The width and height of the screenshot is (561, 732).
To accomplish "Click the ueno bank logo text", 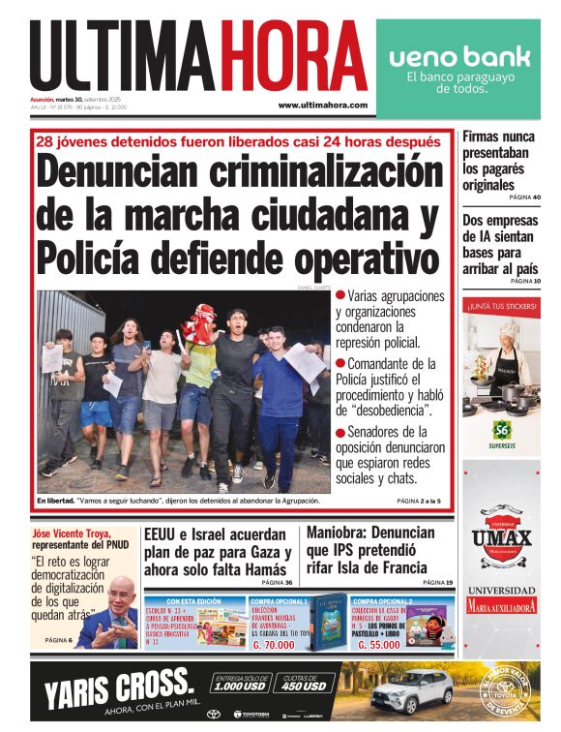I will click(x=459, y=56).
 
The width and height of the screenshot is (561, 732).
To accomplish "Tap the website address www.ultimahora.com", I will click(x=322, y=105).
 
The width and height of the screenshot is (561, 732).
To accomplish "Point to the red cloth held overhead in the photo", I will click(x=199, y=322).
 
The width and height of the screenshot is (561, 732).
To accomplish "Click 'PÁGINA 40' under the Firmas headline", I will click(x=524, y=198).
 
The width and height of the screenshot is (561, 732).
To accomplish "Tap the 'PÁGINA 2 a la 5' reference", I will click(x=418, y=501).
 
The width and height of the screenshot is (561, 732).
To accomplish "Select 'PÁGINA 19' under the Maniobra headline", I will click(x=436, y=582).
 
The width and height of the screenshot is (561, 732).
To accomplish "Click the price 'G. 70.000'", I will click(x=274, y=644).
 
